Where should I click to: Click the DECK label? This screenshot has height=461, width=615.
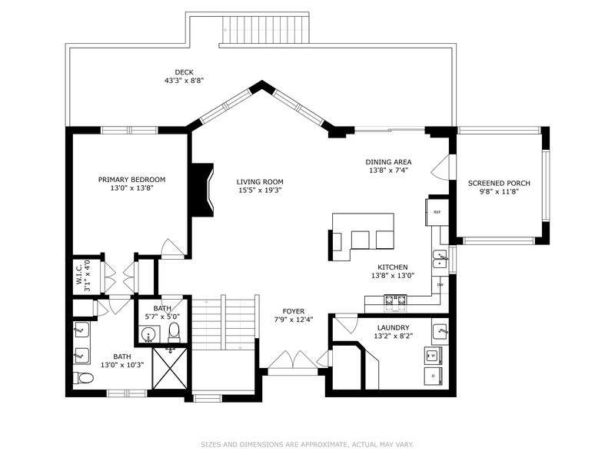click(184, 72)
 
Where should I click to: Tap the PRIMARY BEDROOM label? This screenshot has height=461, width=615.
click(131, 180)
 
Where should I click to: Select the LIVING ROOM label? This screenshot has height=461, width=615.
click(260, 182)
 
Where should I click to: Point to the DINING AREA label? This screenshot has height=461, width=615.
click(388, 162)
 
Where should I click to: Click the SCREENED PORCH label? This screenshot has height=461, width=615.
click(499, 183)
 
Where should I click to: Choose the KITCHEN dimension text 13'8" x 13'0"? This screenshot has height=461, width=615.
click(393, 276)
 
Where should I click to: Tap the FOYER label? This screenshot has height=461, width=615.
click(294, 312)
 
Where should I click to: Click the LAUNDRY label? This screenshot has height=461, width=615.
click(394, 328)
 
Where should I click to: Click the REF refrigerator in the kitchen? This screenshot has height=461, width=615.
click(437, 212)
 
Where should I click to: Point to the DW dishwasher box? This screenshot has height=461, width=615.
click(440, 285)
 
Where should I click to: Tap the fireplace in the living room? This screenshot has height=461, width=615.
click(202, 190)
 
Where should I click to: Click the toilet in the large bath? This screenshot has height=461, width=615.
click(83, 378)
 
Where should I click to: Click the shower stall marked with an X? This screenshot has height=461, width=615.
click(170, 368)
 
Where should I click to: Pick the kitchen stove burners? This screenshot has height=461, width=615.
click(395, 300)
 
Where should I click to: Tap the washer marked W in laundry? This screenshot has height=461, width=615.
click(434, 356)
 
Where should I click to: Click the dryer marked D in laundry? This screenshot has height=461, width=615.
click(434, 376)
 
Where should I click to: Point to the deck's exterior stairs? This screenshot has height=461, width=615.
click(266, 29)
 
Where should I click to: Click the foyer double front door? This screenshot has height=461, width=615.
click(293, 360)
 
